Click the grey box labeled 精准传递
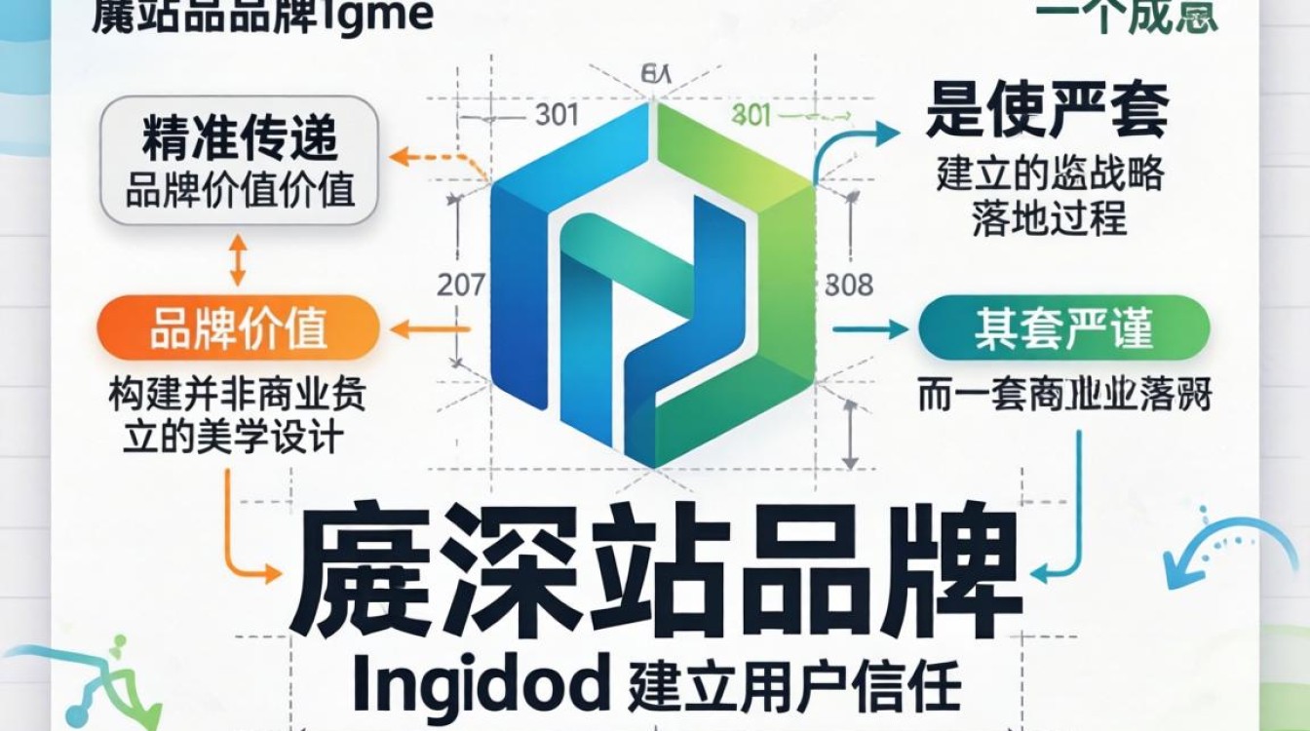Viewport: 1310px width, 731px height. click(x=239, y=161)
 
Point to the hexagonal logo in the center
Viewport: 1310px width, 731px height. click(x=652, y=283)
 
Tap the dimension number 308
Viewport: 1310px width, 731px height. click(x=848, y=286)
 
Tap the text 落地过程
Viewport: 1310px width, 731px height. click(x=1049, y=218)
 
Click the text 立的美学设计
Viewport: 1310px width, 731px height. click(x=235, y=438)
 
